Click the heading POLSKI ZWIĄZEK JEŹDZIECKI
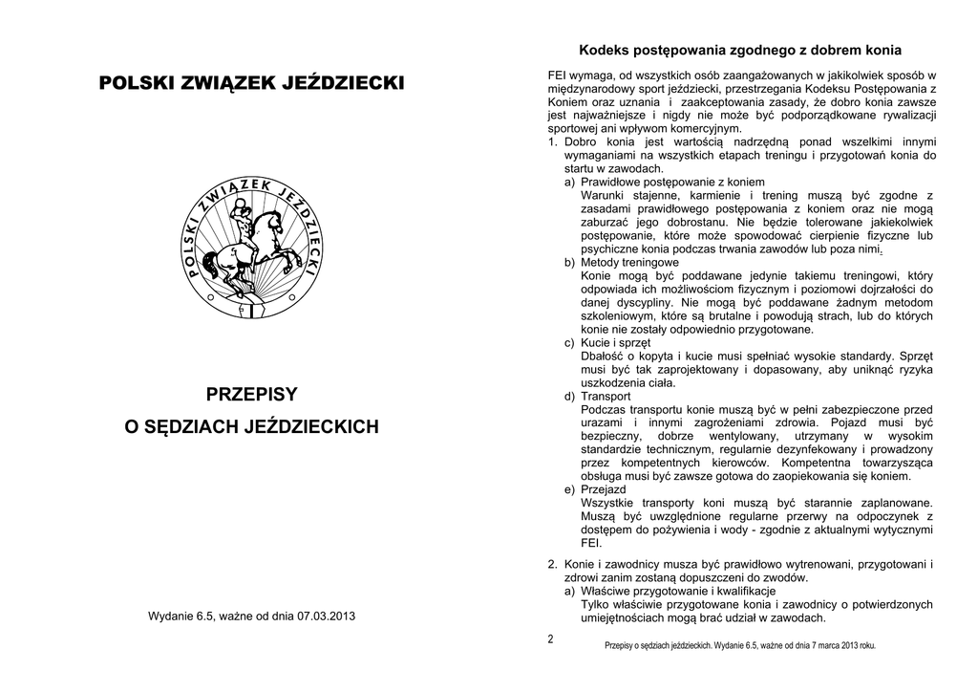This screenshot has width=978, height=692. pyautogui.click(x=252, y=84)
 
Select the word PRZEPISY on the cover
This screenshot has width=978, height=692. pyautogui.click(x=252, y=394)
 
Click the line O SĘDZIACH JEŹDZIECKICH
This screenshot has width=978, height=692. pyautogui.click(x=252, y=426)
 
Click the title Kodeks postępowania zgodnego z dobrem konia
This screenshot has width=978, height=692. pyautogui.click(x=740, y=50)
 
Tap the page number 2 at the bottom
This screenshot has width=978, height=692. pyautogui.click(x=551, y=638)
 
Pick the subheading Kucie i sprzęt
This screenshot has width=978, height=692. pyautogui.click(x=616, y=342)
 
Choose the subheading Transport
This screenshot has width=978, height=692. pyautogui.click(x=606, y=396)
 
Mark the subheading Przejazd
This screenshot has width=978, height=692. pyautogui.click(x=604, y=489)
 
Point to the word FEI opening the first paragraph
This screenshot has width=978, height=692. pyautogui.click(x=558, y=75)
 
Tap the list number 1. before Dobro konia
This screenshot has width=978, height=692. pyautogui.click(x=553, y=141)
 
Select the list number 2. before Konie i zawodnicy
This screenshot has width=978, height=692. pyautogui.click(x=553, y=564)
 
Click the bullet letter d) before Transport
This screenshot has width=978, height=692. pyautogui.click(x=569, y=396)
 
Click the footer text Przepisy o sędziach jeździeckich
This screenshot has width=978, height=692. pyautogui.click(x=658, y=645)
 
